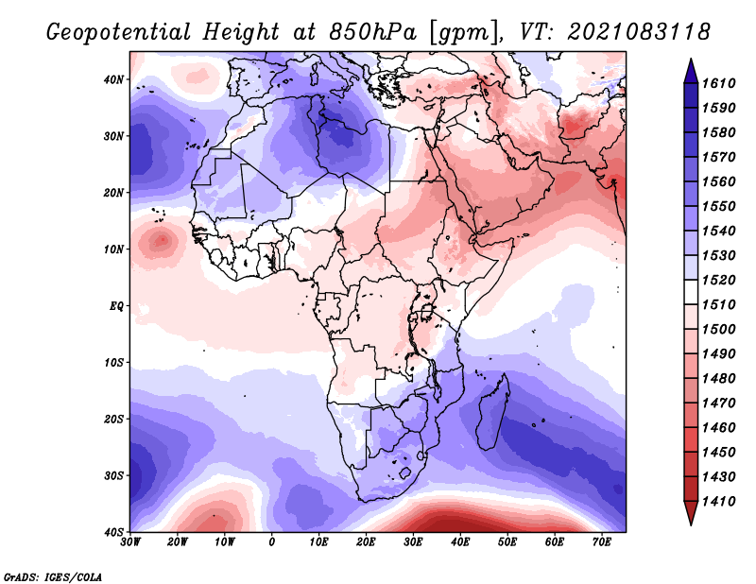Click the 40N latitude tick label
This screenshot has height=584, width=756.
113,79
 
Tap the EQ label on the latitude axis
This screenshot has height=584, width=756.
116,306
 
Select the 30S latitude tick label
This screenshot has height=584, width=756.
113,476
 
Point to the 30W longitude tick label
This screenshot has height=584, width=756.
130,542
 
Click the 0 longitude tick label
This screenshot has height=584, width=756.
271,542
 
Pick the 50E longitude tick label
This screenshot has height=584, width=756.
507,542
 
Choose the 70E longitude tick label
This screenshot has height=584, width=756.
602,542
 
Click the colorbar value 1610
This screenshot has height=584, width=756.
719,83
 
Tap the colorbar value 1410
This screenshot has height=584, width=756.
719,502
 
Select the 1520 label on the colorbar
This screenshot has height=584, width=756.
719,280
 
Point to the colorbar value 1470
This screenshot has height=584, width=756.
719,404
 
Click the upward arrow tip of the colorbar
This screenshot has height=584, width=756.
691,60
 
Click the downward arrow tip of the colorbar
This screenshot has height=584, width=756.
691,524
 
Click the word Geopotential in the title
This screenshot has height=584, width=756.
118,33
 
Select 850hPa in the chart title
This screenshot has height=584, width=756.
372,32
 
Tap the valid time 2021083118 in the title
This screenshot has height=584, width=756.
639,32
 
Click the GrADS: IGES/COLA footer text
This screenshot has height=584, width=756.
53,577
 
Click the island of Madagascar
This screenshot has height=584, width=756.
492,413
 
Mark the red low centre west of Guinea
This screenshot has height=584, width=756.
162,240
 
